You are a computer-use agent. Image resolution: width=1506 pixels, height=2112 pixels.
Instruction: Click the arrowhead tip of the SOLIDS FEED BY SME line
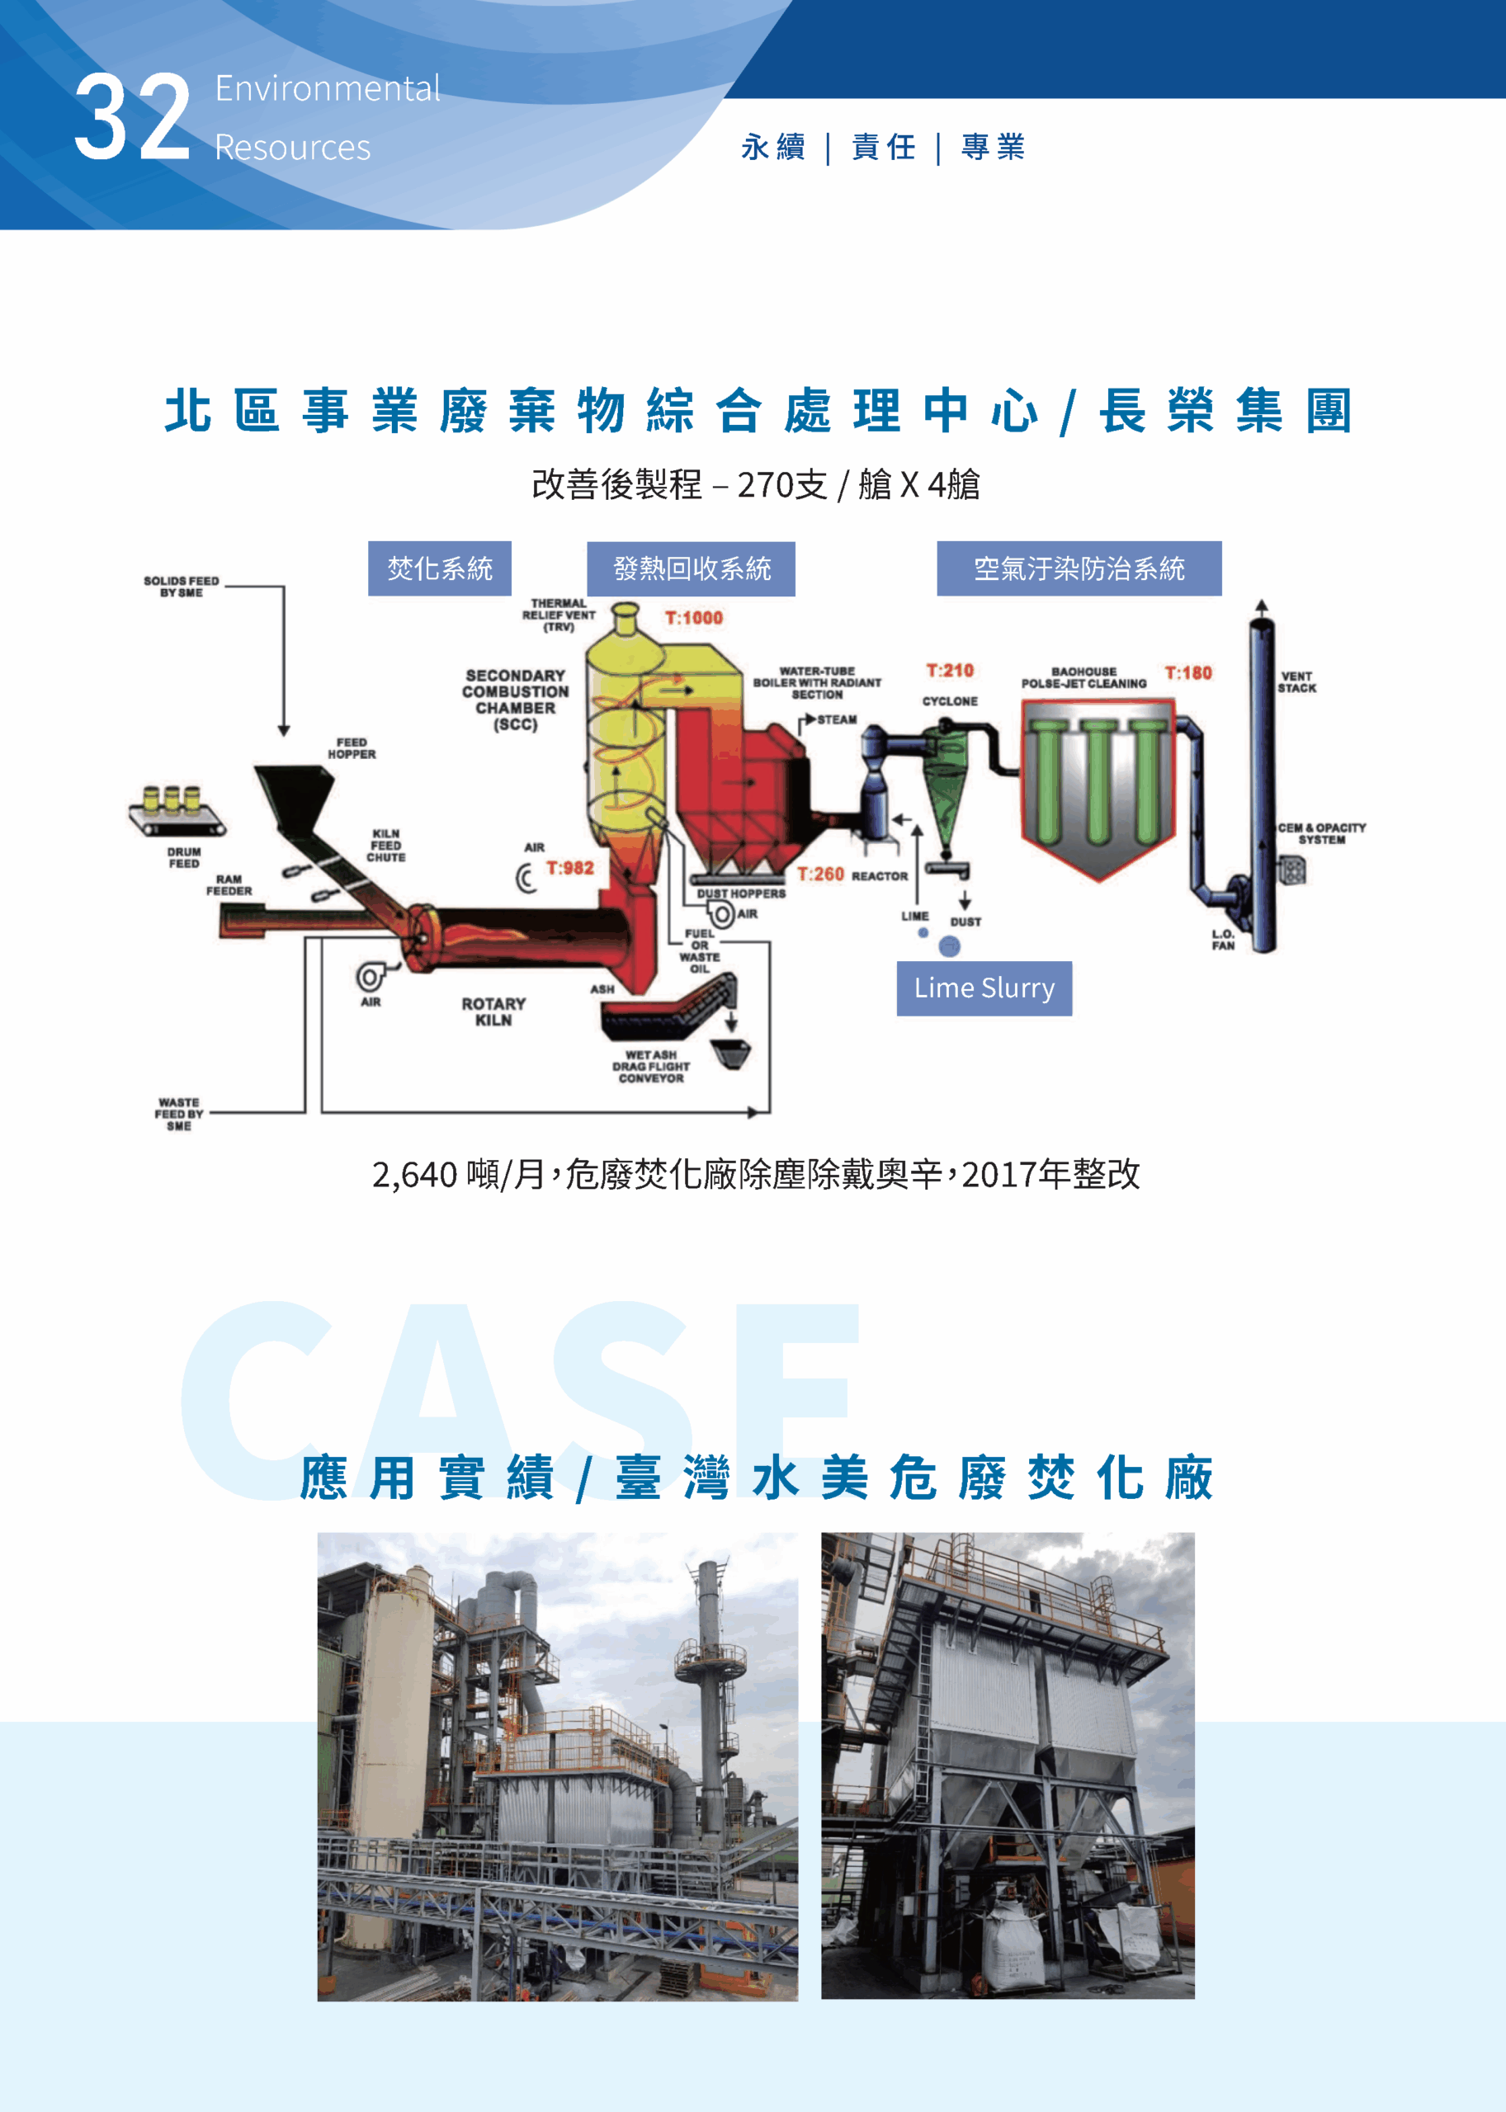(x=284, y=736)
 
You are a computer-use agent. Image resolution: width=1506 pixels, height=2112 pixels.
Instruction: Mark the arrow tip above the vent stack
(x=1261, y=600)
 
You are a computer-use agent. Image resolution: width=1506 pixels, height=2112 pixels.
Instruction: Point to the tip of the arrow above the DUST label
(x=965, y=908)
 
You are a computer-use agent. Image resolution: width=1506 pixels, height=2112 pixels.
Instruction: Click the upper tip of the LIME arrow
(x=917, y=825)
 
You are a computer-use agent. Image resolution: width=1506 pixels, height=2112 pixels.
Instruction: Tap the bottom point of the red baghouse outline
(x=1099, y=881)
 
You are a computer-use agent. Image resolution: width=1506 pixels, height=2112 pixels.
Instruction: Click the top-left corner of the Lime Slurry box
(x=897, y=961)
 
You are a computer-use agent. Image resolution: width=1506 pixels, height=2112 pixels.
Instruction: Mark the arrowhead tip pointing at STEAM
(x=816, y=719)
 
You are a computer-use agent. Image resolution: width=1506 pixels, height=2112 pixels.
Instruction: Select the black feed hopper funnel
(x=295, y=795)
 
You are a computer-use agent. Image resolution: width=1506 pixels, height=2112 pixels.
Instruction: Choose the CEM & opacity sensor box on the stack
(x=1291, y=870)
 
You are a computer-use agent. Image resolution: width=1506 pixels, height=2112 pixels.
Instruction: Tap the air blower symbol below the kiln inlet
(x=371, y=975)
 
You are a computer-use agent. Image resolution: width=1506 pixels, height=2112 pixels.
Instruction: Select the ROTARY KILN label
(x=493, y=1011)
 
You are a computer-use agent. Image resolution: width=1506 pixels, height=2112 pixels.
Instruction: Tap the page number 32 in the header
(x=133, y=118)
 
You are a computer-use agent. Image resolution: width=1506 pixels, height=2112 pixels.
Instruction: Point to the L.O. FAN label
(x=1223, y=940)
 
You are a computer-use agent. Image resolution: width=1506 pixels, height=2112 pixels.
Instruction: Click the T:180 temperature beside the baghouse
(x=1188, y=673)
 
